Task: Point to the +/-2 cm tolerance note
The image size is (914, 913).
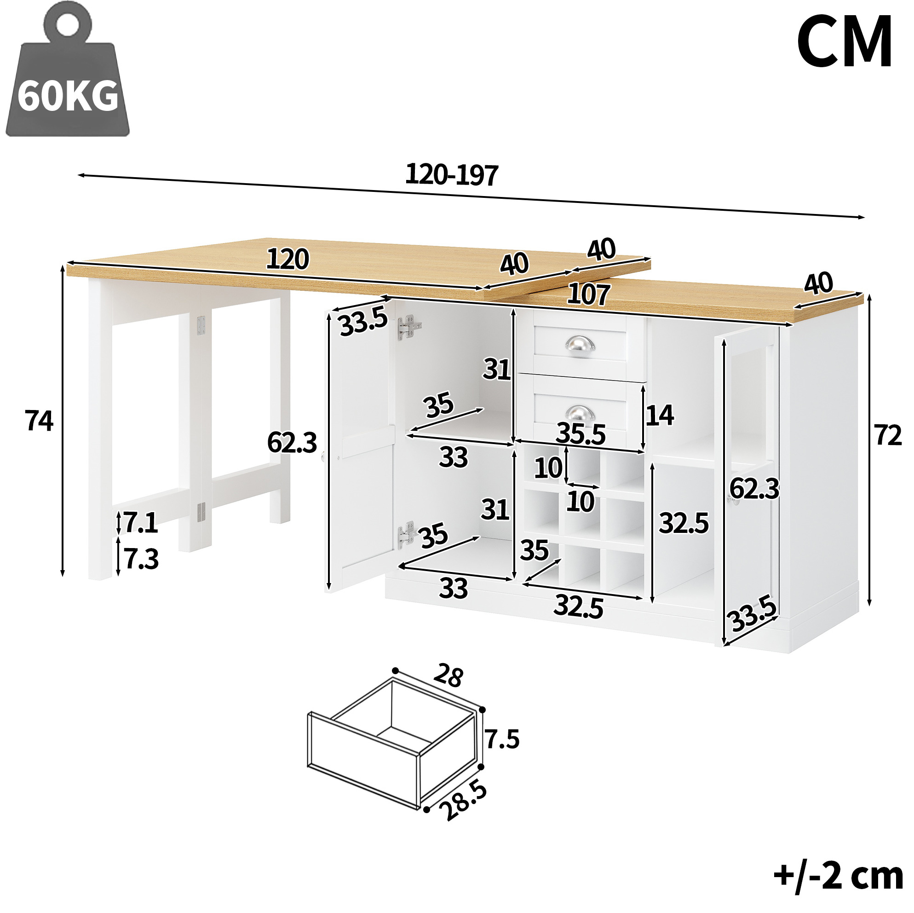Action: [838, 876]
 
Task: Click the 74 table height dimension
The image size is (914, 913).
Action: [39, 421]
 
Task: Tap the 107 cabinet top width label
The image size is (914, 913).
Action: [588, 294]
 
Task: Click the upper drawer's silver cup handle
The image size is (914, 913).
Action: [580, 344]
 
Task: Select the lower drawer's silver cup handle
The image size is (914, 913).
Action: [580, 413]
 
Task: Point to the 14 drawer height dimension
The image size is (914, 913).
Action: [660, 415]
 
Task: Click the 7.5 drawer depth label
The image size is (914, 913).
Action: [502, 739]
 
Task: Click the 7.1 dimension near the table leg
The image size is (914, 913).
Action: [140, 523]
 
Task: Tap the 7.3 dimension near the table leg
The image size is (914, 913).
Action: [141, 559]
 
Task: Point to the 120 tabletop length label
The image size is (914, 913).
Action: [287, 259]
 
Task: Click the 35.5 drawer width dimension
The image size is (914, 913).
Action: [581, 433]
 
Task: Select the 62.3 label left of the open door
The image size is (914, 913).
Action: [292, 443]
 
